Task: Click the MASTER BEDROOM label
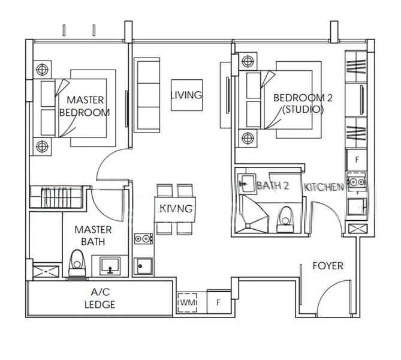(x=85, y=106)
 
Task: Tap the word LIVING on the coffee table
(x=186, y=95)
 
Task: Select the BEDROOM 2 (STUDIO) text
(x=298, y=104)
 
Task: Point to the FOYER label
(x=328, y=265)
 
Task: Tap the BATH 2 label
(x=273, y=186)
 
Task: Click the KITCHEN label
(x=324, y=187)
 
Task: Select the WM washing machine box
(x=185, y=302)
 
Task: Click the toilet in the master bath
(x=77, y=262)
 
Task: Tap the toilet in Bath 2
(x=286, y=217)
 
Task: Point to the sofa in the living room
(x=147, y=95)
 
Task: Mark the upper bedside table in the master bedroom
(x=42, y=70)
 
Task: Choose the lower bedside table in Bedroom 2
(x=246, y=139)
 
